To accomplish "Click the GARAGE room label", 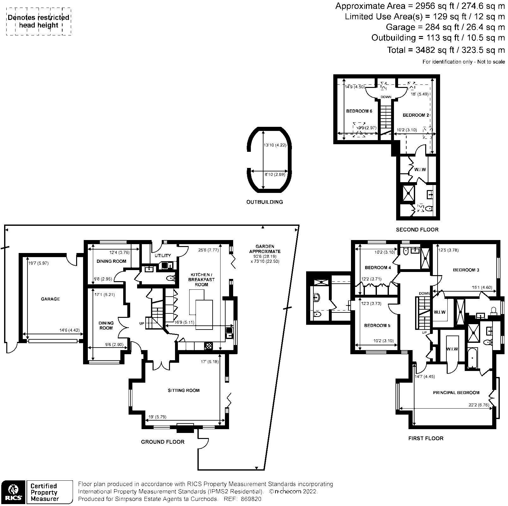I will click(x=50, y=299).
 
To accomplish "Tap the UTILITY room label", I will click(x=163, y=256).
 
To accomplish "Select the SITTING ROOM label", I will click(x=184, y=390).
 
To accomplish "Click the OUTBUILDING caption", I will click(x=264, y=202).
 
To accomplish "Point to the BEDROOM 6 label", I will click(x=359, y=111).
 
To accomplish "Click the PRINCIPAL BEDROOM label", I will click(x=456, y=392).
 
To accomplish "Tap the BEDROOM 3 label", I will click(x=466, y=270).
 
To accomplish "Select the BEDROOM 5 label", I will click(x=375, y=325).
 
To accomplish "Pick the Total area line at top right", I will click(x=446, y=50).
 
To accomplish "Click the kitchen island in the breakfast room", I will click(x=204, y=315).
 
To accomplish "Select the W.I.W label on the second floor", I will click(x=420, y=170).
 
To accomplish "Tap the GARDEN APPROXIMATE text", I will click(x=265, y=249).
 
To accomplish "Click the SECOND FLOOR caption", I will click(x=417, y=230).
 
